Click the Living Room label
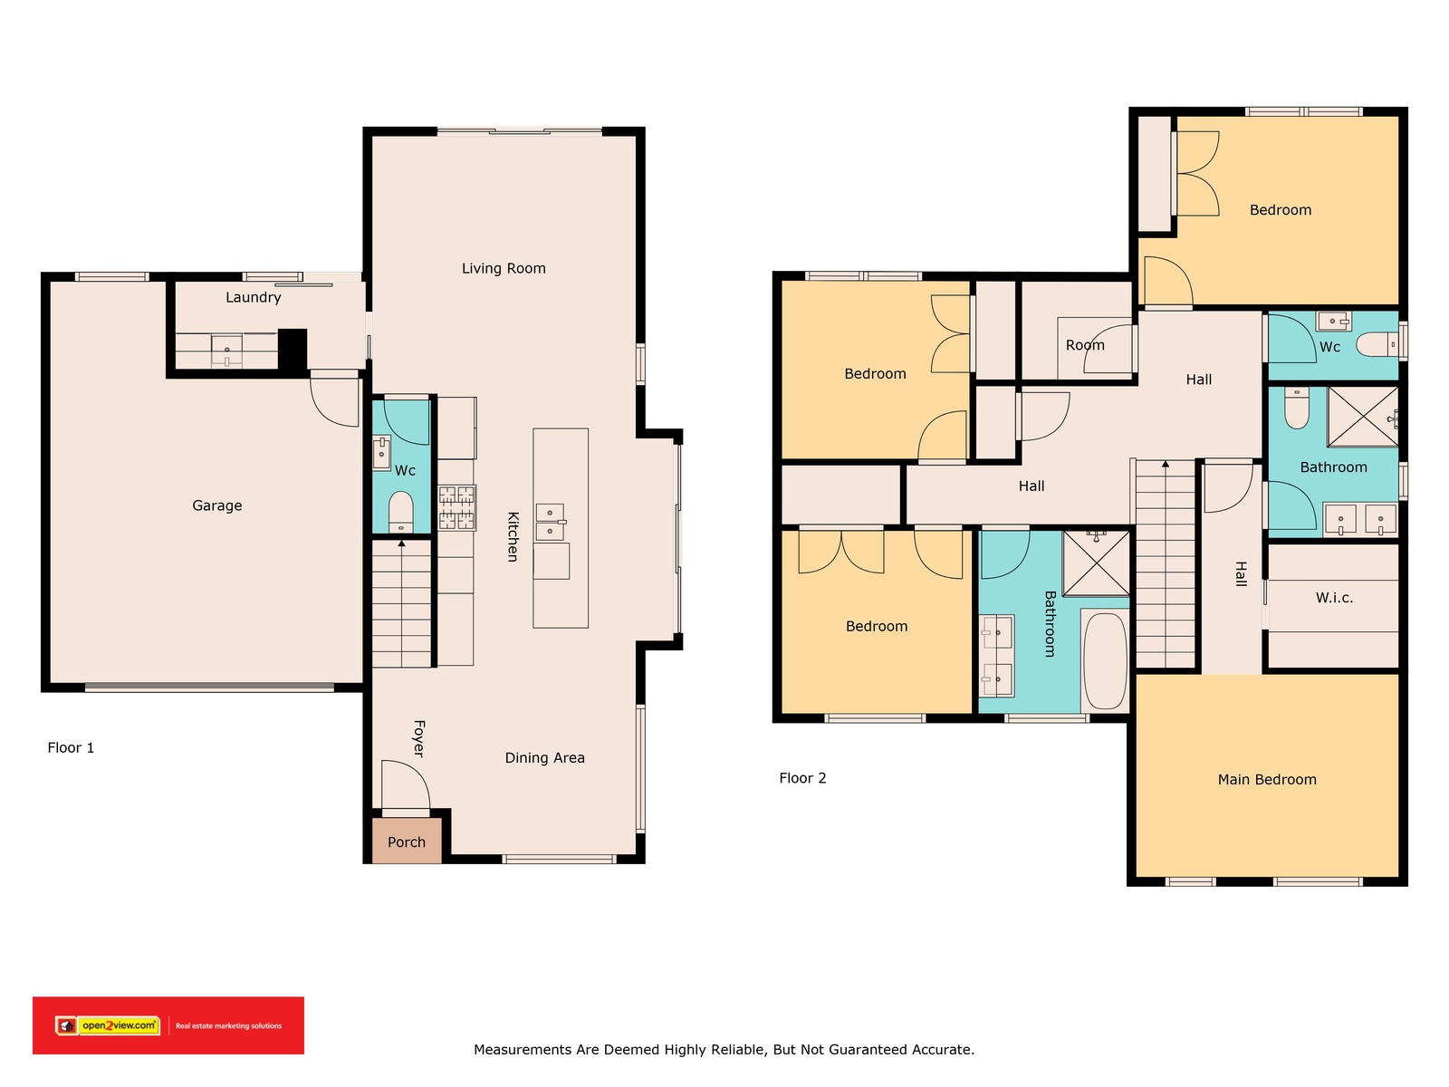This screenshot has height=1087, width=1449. pyautogui.click(x=503, y=268)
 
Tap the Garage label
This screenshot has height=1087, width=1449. pyautogui.click(x=216, y=505)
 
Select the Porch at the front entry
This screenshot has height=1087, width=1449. pyautogui.click(x=406, y=841)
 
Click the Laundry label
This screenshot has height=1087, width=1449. pyautogui.click(x=253, y=297)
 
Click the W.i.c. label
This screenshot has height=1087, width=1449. pyautogui.click(x=1333, y=598)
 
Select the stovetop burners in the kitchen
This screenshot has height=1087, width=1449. pyautogui.click(x=456, y=507)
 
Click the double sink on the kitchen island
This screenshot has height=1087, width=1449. pyautogui.click(x=550, y=522)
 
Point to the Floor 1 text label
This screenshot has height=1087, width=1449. pyautogui.click(x=71, y=748)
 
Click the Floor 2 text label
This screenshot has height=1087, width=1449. pyautogui.click(x=802, y=778)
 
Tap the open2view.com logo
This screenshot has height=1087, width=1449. pyautogui.click(x=108, y=1025)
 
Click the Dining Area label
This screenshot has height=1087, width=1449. pyautogui.click(x=544, y=757)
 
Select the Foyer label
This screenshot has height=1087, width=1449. pyautogui.click(x=418, y=738)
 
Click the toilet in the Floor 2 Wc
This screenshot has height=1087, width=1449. pyautogui.click(x=1377, y=344)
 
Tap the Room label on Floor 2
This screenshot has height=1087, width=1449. pyautogui.click(x=1085, y=345)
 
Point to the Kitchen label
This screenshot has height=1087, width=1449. pyautogui.click(x=513, y=536)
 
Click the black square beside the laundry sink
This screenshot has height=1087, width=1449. pyautogui.click(x=293, y=350)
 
